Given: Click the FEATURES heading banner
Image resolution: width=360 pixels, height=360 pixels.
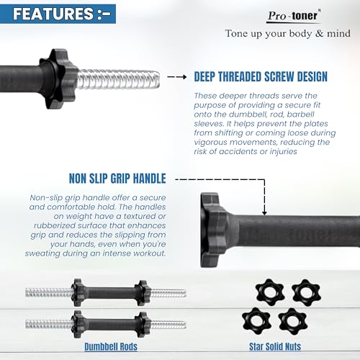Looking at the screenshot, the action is (58, 14).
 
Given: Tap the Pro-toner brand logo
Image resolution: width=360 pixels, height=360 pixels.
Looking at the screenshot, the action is (294, 17).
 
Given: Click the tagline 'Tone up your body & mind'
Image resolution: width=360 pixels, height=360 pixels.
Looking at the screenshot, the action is (287, 34).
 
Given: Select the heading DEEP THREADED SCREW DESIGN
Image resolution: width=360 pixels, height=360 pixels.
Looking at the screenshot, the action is (261, 76).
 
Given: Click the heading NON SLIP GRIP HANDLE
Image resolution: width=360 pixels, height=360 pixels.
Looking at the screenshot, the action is (117, 179).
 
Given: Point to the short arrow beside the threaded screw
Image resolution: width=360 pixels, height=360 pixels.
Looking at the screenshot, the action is (177, 77).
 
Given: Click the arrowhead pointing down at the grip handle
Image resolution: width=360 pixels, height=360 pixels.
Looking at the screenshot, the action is (264, 213).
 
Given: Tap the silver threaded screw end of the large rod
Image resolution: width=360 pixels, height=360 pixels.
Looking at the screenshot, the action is (118, 79).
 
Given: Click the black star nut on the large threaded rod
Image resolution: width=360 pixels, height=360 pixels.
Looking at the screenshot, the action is (58, 78).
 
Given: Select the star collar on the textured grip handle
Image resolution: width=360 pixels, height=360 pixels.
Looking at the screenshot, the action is (214, 230).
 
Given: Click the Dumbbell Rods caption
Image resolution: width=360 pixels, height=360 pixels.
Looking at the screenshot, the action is (111, 347).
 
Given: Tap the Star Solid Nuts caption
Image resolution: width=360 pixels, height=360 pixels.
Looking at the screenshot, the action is (275, 347).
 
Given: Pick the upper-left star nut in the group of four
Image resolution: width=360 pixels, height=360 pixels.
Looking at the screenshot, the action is (270, 292).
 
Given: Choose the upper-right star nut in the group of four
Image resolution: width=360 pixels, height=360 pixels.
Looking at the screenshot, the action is (306, 292).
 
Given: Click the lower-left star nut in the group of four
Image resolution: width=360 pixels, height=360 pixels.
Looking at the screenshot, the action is (256, 321).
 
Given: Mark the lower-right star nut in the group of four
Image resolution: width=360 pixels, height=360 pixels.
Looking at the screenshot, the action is (293, 321).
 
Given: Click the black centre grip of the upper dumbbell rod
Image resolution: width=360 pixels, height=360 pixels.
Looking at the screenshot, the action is (110, 292).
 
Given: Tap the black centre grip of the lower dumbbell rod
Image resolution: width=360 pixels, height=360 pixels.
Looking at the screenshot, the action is (110, 325).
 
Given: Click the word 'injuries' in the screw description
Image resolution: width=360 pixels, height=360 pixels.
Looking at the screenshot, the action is (283, 152).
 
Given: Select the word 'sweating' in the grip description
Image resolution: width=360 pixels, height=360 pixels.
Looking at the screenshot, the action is (42, 253).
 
